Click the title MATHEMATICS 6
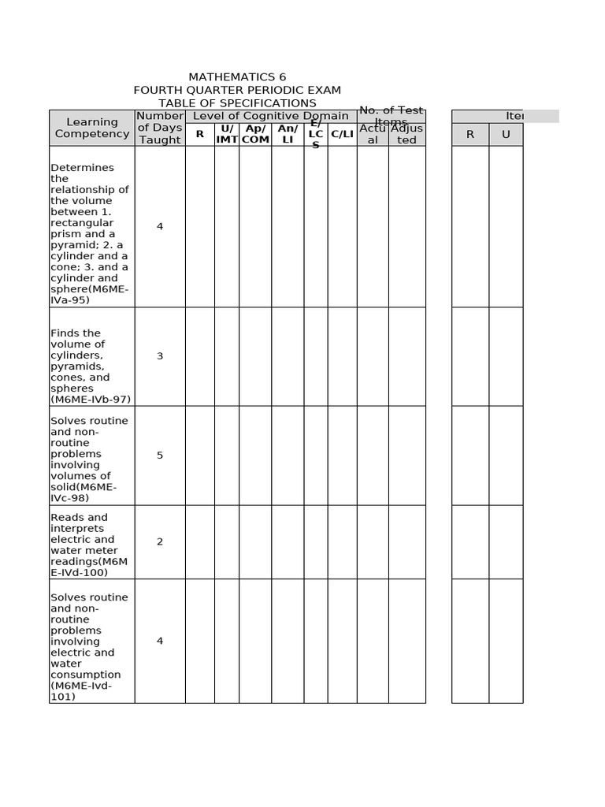(237, 77)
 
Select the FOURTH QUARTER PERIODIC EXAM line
(237, 90)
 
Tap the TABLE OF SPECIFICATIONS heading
(237, 103)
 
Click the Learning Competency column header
(92, 128)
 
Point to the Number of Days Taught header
(160, 128)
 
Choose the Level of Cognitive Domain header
(271, 116)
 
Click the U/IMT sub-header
(227, 134)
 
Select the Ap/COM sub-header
(255, 134)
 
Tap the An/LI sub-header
(288, 134)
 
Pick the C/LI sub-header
(342, 134)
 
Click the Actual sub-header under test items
(373, 134)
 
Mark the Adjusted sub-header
(406, 134)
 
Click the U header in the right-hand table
(506, 134)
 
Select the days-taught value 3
(160, 356)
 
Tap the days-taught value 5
(160, 456)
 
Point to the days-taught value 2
(160, 541)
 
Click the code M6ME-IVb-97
(91, 400)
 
